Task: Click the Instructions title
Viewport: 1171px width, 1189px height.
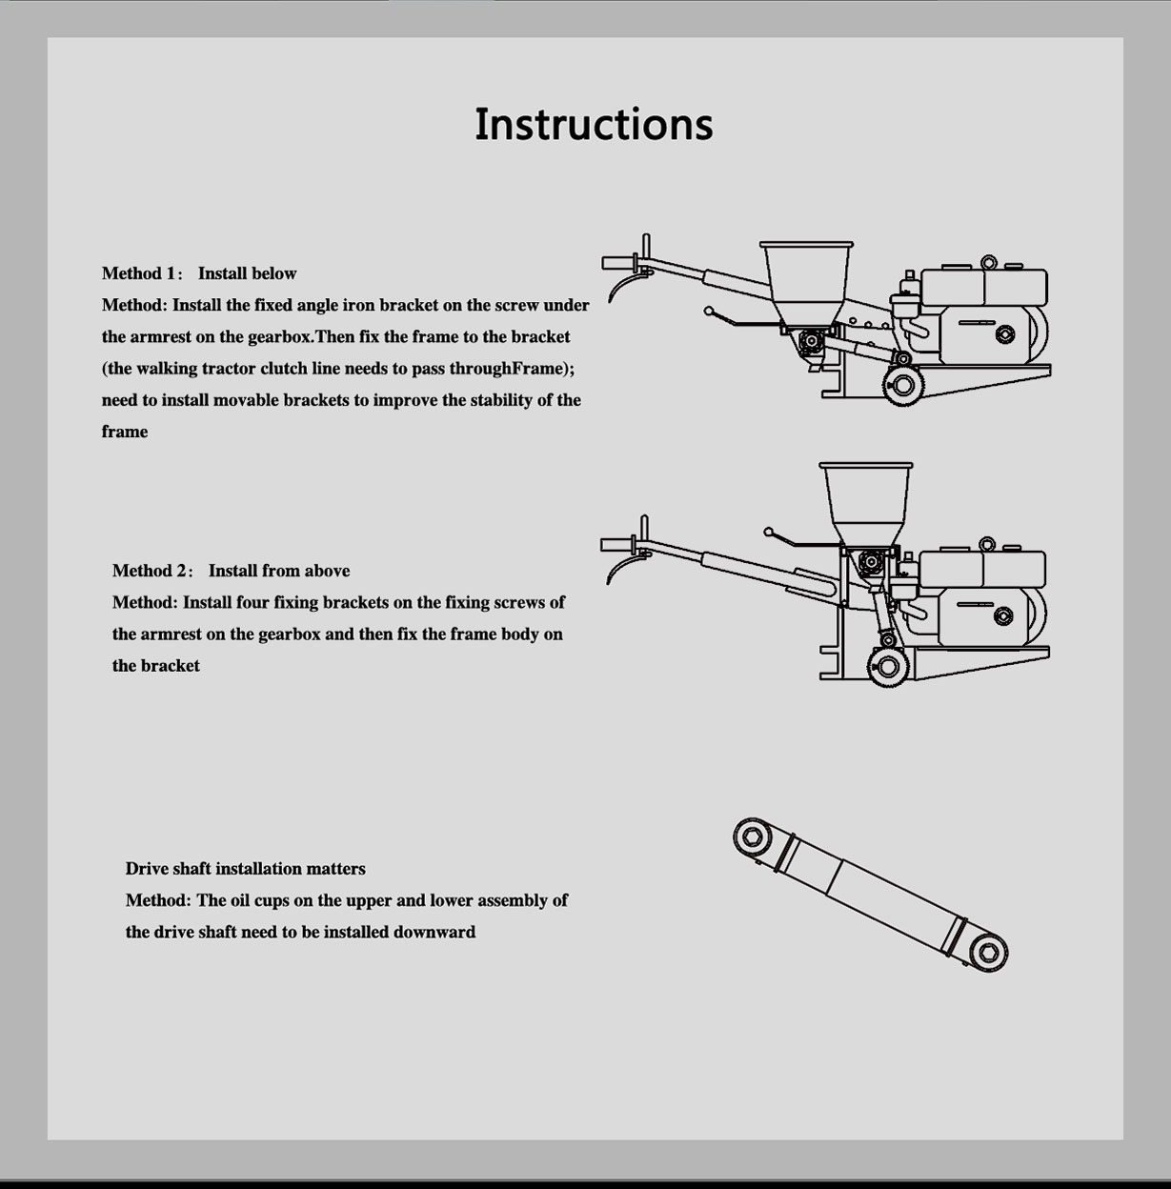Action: pos(594,125)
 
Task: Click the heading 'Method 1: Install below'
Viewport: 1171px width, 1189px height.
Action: pos(199,273)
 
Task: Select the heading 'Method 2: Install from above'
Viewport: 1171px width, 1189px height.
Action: pos(231,571)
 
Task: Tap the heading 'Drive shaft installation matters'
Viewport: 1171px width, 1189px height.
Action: pos(245,869)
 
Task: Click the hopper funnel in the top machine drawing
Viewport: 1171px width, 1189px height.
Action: pos(806,283)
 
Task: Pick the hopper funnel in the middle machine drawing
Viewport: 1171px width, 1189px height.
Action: pos(866,504)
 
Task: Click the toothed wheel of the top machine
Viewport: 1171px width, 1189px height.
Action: pos(903,386)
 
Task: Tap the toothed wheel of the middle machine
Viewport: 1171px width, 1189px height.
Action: pos(888,667)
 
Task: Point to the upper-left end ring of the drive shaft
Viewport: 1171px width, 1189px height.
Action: pos(752,837)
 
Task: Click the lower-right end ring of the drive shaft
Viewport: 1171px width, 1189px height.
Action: pos(989,952)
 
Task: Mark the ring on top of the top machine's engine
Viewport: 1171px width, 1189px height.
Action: pos(989,262)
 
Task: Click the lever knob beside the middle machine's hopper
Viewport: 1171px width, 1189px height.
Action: pos(769,532)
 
